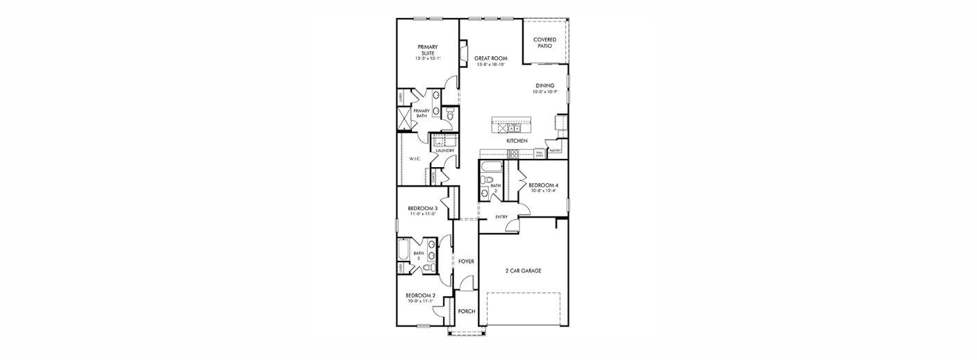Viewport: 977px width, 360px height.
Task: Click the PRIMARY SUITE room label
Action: coord(427,50)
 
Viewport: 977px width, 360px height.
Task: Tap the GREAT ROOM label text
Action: coord(491,58)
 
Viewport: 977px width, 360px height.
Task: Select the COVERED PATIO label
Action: coord(544,42)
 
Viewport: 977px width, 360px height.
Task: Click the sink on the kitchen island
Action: coord(515,128)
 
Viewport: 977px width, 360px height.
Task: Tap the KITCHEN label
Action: coord(517,141)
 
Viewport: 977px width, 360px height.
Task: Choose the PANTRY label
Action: coord(555,151)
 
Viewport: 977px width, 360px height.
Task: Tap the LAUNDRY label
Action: coord(444,151)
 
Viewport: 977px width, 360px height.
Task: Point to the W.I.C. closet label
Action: coord(415,159)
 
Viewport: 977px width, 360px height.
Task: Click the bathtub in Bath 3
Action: coord(492,167)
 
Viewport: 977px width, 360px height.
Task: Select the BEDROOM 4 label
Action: coord(543,185)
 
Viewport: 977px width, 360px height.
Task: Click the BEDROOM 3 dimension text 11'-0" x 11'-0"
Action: coord(422,214)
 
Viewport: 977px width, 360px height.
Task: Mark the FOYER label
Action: coord(466,262)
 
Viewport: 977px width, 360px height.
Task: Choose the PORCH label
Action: coord(467,311)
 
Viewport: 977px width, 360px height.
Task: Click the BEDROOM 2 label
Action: coord(421,295)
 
